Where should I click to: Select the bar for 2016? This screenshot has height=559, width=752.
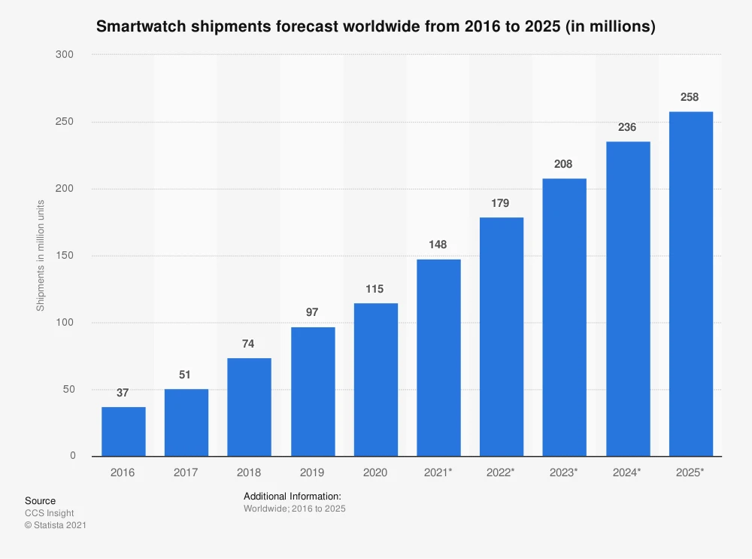click(123, 431)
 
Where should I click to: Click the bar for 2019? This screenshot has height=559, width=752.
click(313, 391)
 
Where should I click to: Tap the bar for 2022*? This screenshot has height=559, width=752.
click(502, 336)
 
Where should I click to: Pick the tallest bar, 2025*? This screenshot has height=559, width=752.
click(690, 284)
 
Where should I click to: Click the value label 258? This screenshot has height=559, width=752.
click(690, 97)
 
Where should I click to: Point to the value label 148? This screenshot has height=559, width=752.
click(438, 245)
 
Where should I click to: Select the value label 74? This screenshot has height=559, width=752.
click(249, 344)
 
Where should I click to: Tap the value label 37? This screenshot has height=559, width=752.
click(123, 393)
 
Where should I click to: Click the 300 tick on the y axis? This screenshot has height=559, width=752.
click(66, 55)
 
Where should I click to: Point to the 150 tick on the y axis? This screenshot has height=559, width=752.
click(66, 256)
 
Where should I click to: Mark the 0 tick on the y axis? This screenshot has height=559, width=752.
click(72, 456)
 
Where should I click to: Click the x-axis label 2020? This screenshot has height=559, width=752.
click(375, 472)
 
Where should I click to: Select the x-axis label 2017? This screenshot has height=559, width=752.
click(186, 472)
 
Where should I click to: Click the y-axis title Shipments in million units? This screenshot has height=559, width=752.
click(41, 256)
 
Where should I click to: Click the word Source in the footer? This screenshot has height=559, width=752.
click(40, 501)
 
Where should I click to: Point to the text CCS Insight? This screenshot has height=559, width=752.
click(50, 513)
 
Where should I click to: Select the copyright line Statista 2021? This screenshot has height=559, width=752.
click(56, 525)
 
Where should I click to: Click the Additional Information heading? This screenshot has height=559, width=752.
click(293, 497)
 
